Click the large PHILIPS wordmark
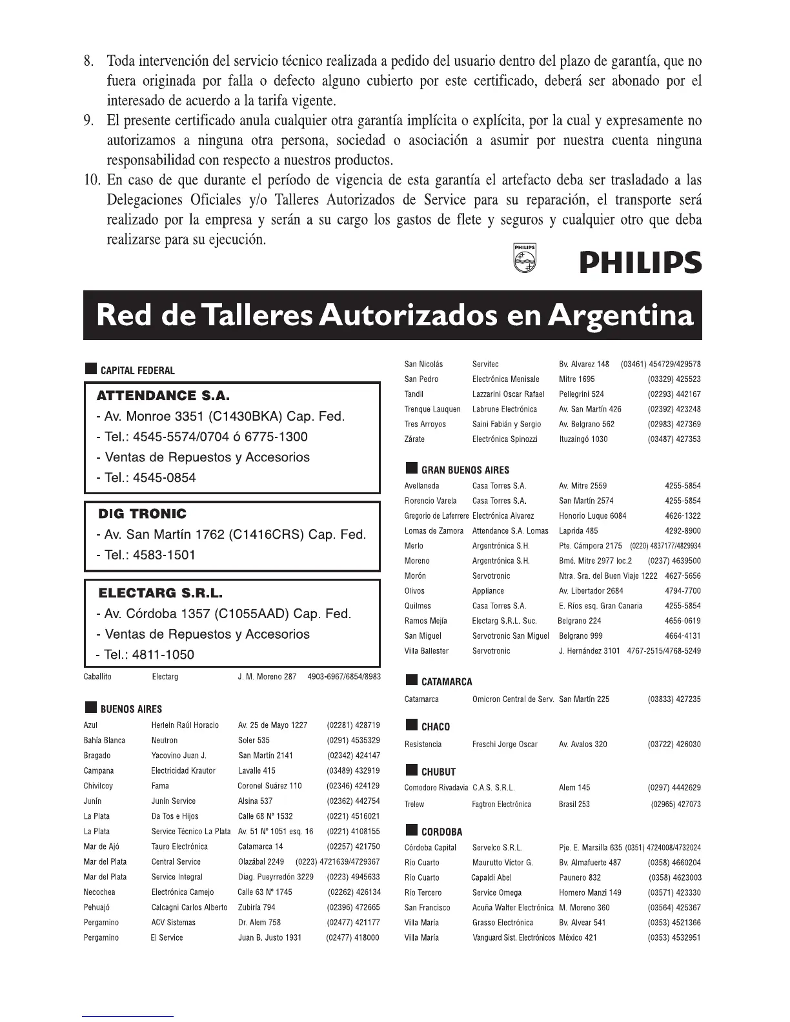pos(640,263)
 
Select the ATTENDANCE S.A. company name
pos(163,396)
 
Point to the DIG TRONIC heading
pos(142,514)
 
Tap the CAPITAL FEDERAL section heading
pos(137,370)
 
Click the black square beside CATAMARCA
pos(411,681)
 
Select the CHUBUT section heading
pos(438,772)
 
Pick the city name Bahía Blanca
pos(105,741)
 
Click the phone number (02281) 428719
pos(353,725)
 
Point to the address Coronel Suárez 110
pos(270,786)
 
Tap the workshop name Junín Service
pos(173,801)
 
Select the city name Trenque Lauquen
pos(432,409)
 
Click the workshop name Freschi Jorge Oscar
pos(505,745)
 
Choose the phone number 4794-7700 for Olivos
pos(682,591)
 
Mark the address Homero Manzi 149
pos(590,893)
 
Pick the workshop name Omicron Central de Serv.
pos(513,699)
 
